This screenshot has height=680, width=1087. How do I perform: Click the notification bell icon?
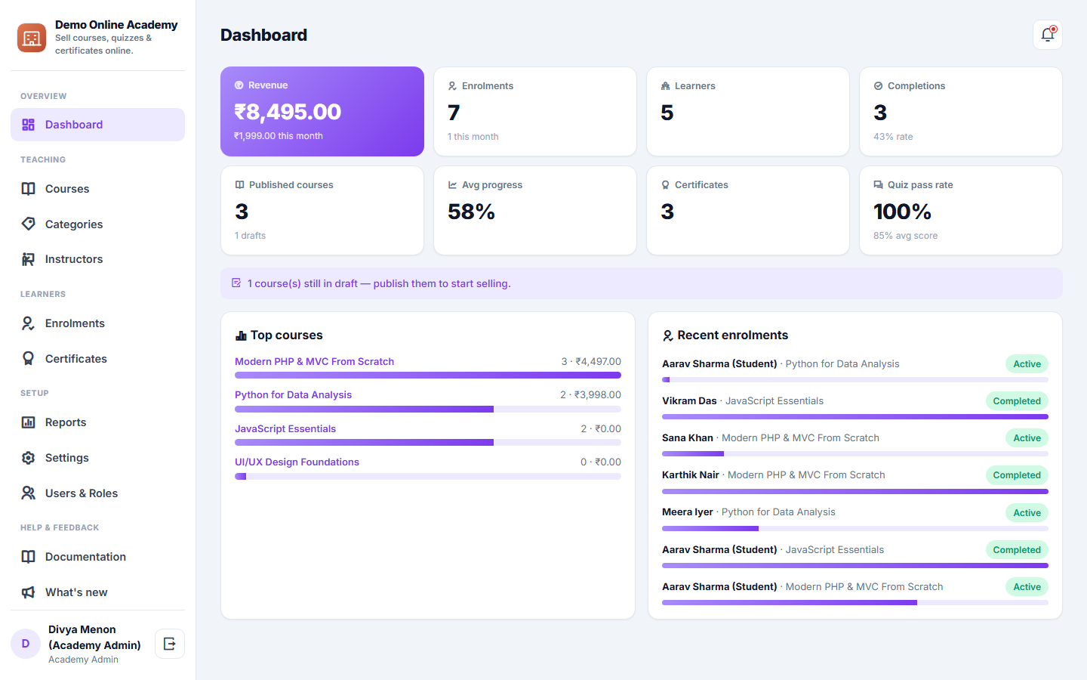tap(1047, 35)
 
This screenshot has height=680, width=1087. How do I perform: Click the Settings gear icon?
tap(28, 458)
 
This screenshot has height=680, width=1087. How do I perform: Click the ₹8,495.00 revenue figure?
tap(288, 112)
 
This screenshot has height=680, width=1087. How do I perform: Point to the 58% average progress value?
tap(471, 212)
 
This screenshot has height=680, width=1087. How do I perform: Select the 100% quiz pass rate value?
tap(902, 212)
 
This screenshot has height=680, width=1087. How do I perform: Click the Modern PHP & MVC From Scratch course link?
tap(315, 361)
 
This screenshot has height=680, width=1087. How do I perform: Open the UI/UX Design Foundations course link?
tap(297, 462)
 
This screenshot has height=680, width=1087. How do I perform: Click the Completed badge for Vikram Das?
tap(1017, 400)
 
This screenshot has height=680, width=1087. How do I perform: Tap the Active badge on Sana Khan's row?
tap(1027, 437)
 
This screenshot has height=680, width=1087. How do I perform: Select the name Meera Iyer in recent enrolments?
tap(687, 512)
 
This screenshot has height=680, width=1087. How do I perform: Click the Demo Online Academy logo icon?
tap(32, 38)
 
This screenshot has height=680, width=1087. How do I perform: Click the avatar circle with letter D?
tap(25, 644)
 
